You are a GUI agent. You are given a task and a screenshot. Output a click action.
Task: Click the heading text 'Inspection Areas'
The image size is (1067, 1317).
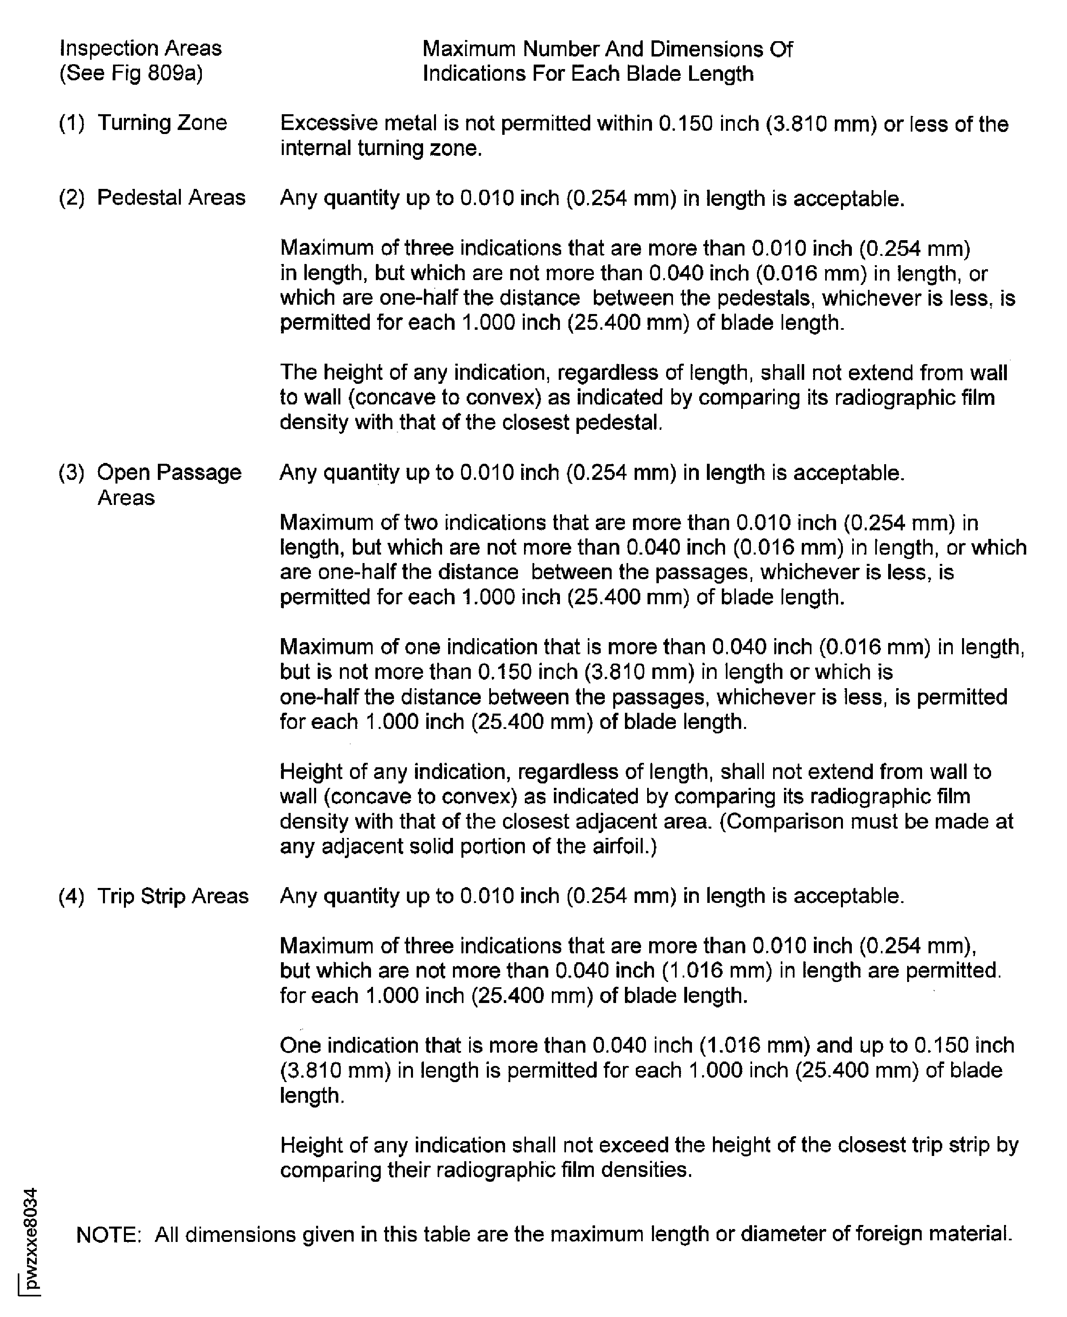140,48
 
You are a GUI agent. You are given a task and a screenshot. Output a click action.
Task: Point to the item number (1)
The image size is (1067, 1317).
71,124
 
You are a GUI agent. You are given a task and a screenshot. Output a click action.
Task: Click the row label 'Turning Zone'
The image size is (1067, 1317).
162,123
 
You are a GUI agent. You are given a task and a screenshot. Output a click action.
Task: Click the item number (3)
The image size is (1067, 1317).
71,473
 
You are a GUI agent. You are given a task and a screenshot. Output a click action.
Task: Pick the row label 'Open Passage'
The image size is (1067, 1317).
170,473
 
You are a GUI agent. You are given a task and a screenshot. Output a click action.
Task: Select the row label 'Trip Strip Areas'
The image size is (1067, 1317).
173,897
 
